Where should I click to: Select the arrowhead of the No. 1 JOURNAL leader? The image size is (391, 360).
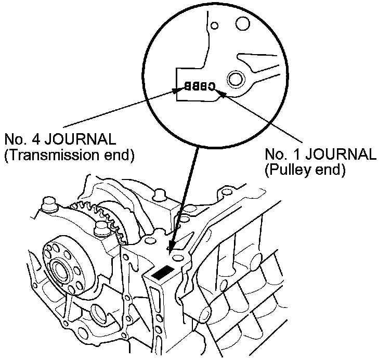click(221, 93)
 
